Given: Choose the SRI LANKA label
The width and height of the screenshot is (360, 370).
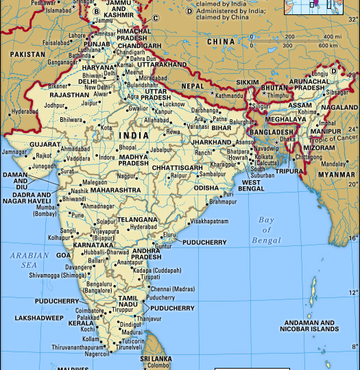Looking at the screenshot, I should (155, 358).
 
